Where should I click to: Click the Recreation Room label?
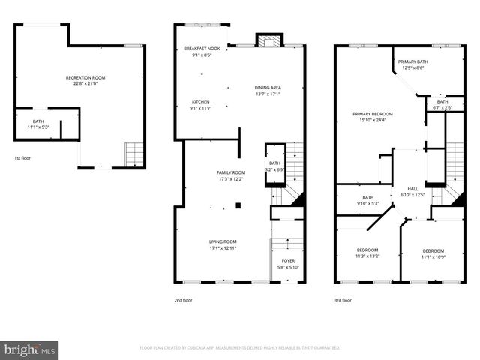tap(85, 77)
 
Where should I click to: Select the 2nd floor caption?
tap(183, 299)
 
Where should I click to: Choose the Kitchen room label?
tap(200, 101)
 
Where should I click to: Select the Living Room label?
tap(223, 241)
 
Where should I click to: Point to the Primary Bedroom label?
tap(373, 113)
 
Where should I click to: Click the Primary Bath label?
tap(412, 61)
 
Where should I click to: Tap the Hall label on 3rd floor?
tap(412, 189)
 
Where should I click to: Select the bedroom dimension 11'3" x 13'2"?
tap(367, 256)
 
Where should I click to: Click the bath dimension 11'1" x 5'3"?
tap(37, 127)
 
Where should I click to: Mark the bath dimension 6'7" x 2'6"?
tap(442, 107)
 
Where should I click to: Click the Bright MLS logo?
tap(30, 349)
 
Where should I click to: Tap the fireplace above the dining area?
tap(266, 40)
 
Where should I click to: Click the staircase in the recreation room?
tap(133, 154)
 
